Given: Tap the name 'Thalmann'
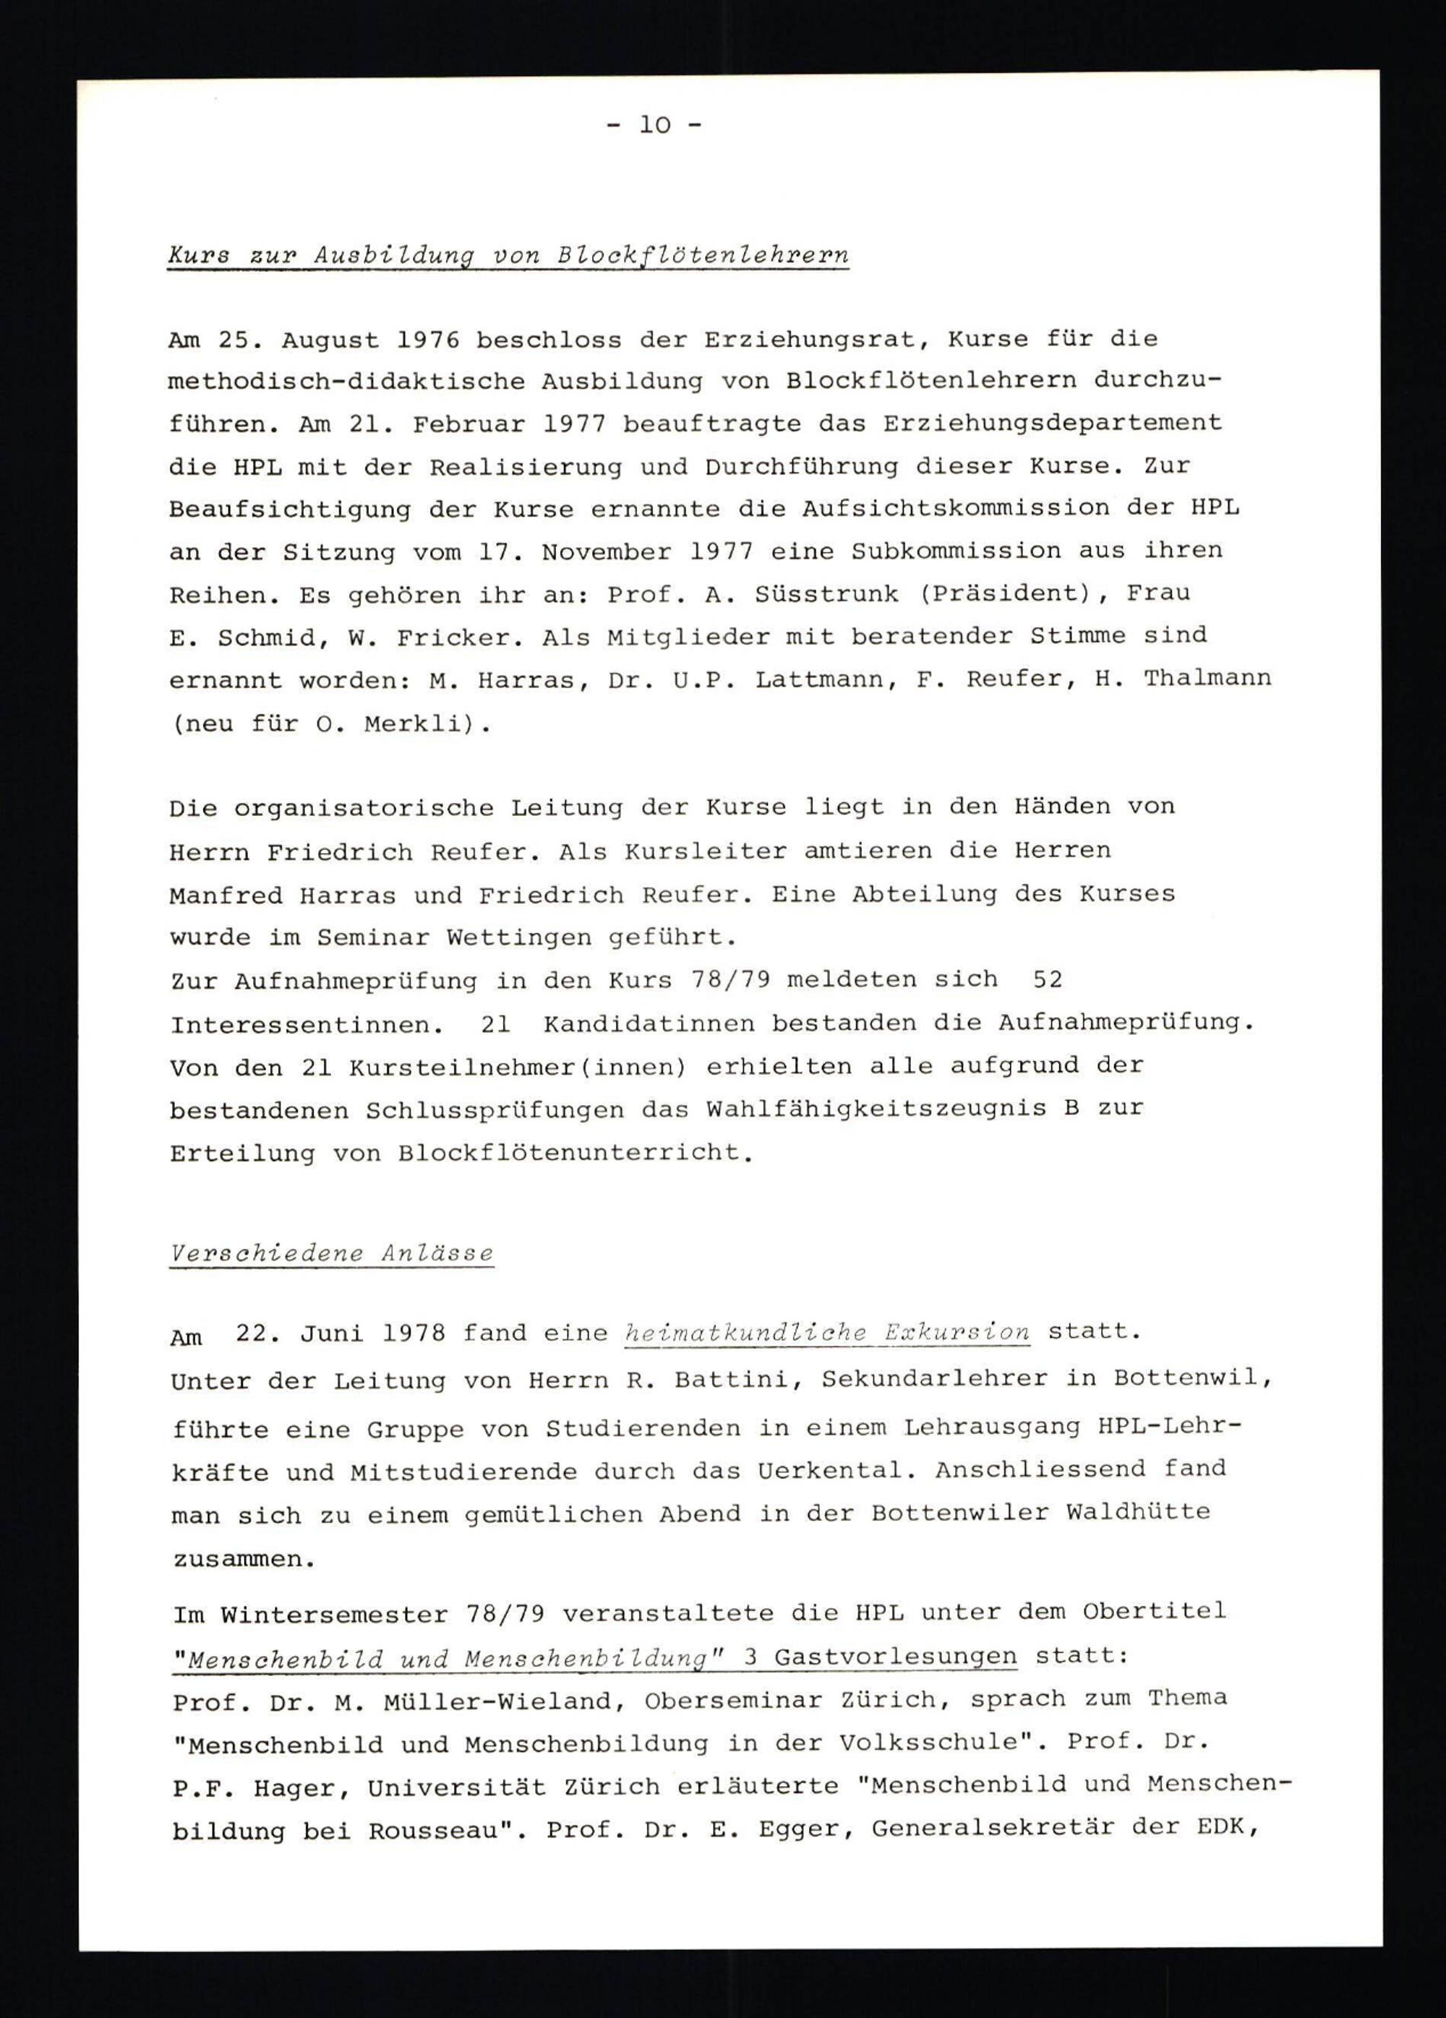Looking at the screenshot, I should (1207, 679).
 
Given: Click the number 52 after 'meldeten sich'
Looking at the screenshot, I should (1048, 979).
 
